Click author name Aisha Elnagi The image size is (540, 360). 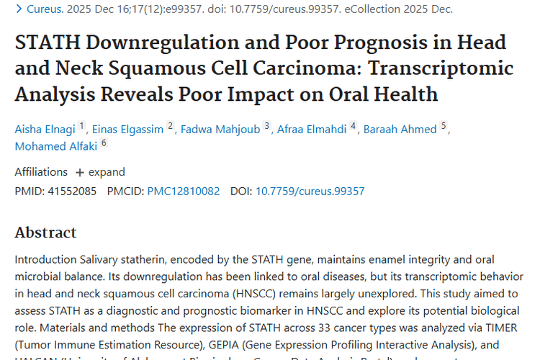click(45, 129)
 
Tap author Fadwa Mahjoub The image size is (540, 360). click(220, 129)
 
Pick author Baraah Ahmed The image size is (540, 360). click(400, 129)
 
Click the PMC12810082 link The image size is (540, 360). click(184, 192)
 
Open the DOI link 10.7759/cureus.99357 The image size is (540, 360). click(310, 192)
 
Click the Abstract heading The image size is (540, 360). click(45, 233)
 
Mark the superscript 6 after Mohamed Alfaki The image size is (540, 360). click(104, 143)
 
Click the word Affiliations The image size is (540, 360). click(41, 172)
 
